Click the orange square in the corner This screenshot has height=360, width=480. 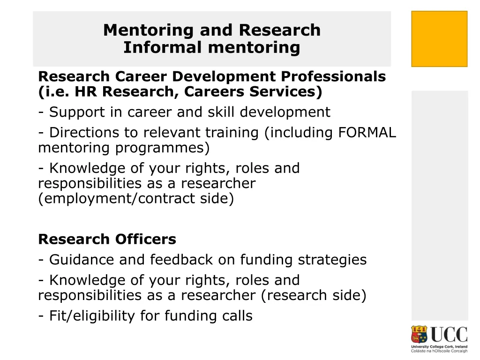tap(439, 39)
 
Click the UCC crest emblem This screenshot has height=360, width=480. tap(420, 335)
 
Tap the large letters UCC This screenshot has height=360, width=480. tap(449, 335)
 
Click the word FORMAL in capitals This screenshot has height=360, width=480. tap(367, 133)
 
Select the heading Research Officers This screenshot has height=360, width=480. tap(107, 239)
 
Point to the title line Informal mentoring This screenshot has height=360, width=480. tap(211, 47)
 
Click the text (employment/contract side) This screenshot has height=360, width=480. tap(135, 199)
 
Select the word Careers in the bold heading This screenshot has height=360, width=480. tap(213, 92)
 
